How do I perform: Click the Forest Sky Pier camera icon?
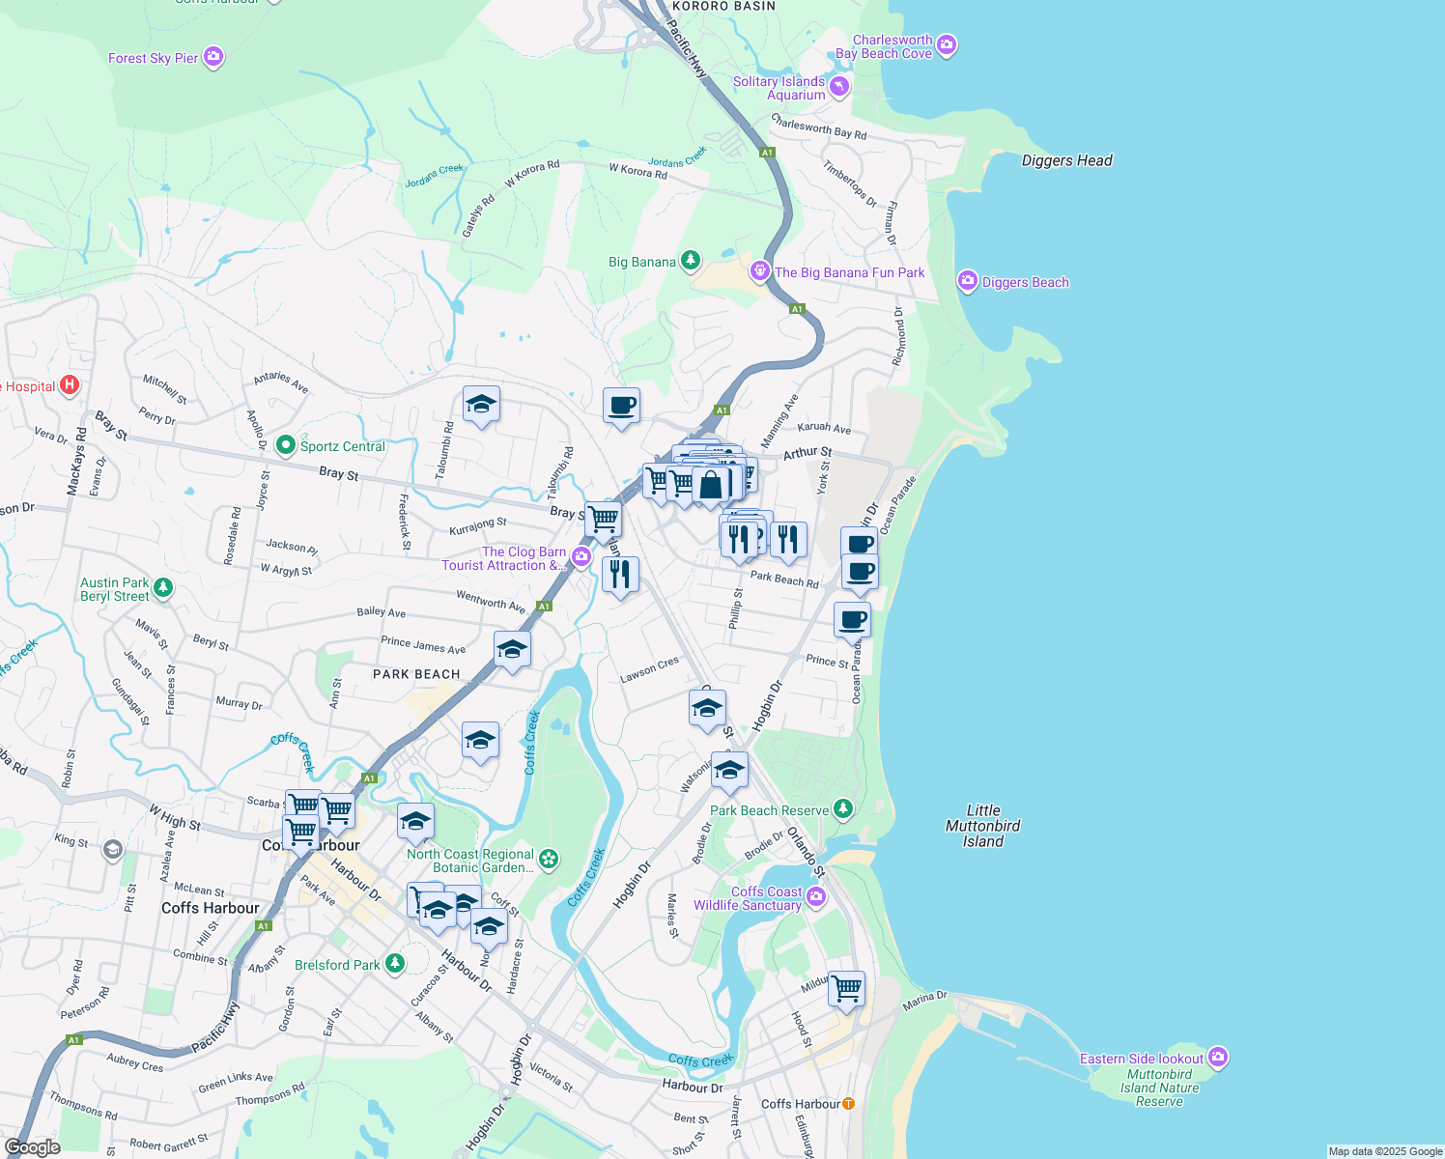[x=213, y=57]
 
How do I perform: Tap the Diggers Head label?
[x=1066, y=160]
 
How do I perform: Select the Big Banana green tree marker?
[x=690, y=260]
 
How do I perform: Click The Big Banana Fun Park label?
[x=849, y=272]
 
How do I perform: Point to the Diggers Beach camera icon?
[x=967, y=281]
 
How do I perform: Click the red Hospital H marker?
[x=70, y=385]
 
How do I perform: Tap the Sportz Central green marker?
[x=285, y=445]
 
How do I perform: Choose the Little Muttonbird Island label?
[x=982, y=826]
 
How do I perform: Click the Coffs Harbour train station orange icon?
[x=848, y=1103]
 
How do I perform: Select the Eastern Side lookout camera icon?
[x=1218, y=1058]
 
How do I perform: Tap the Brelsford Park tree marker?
[x=394, y=963]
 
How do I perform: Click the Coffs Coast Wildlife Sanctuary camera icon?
[x=816, y=897]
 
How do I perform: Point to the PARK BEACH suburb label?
[x=416, y=674]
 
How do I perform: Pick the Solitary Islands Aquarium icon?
[x=839, y=87]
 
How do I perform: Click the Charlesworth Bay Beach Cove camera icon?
[x=947, y=44]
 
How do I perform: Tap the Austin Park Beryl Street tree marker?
[x=163, y=587]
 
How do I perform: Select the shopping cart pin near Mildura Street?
[x=846, y=989]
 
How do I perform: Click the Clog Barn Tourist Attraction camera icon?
[x=581, y=556]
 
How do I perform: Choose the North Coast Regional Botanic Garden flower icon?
[x=549, y=859]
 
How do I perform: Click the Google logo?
[x=33, y=1146]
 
